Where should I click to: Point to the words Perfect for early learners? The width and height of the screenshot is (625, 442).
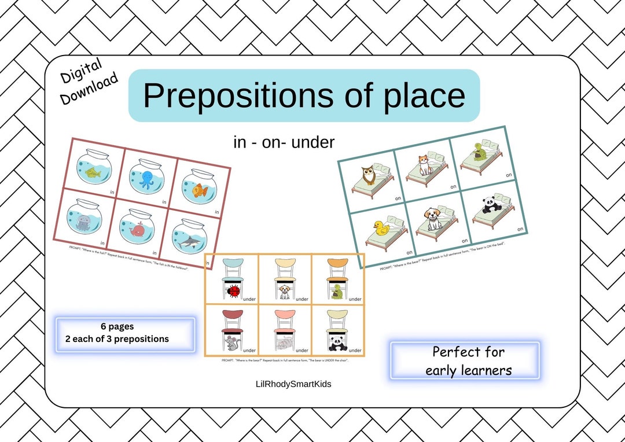pos(468,360)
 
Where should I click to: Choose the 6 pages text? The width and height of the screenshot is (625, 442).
pos(117,326)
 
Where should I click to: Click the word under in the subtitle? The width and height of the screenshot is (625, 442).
pos(313,142)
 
